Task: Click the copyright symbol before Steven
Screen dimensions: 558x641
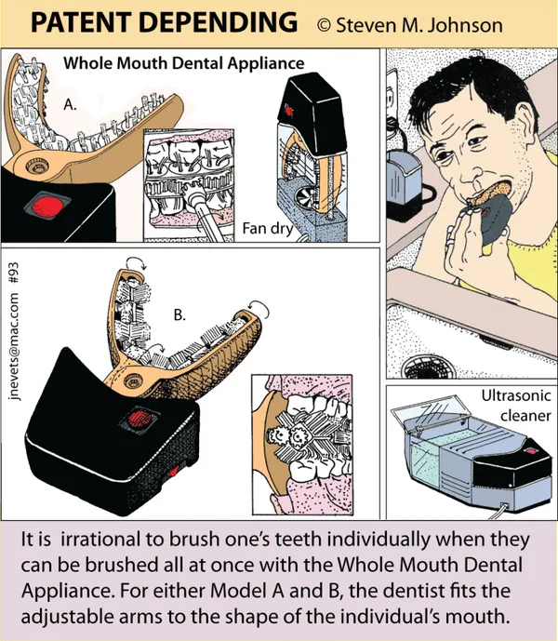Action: point(324,25)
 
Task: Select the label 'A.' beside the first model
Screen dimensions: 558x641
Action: point(70,105)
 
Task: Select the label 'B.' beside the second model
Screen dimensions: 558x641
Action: point(179,314)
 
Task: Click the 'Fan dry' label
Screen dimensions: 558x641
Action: point(268,228)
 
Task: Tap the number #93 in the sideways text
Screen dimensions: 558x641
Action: point(13,273)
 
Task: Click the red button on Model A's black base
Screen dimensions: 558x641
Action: point(47,205)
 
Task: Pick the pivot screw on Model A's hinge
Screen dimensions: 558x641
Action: point(36,166)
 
